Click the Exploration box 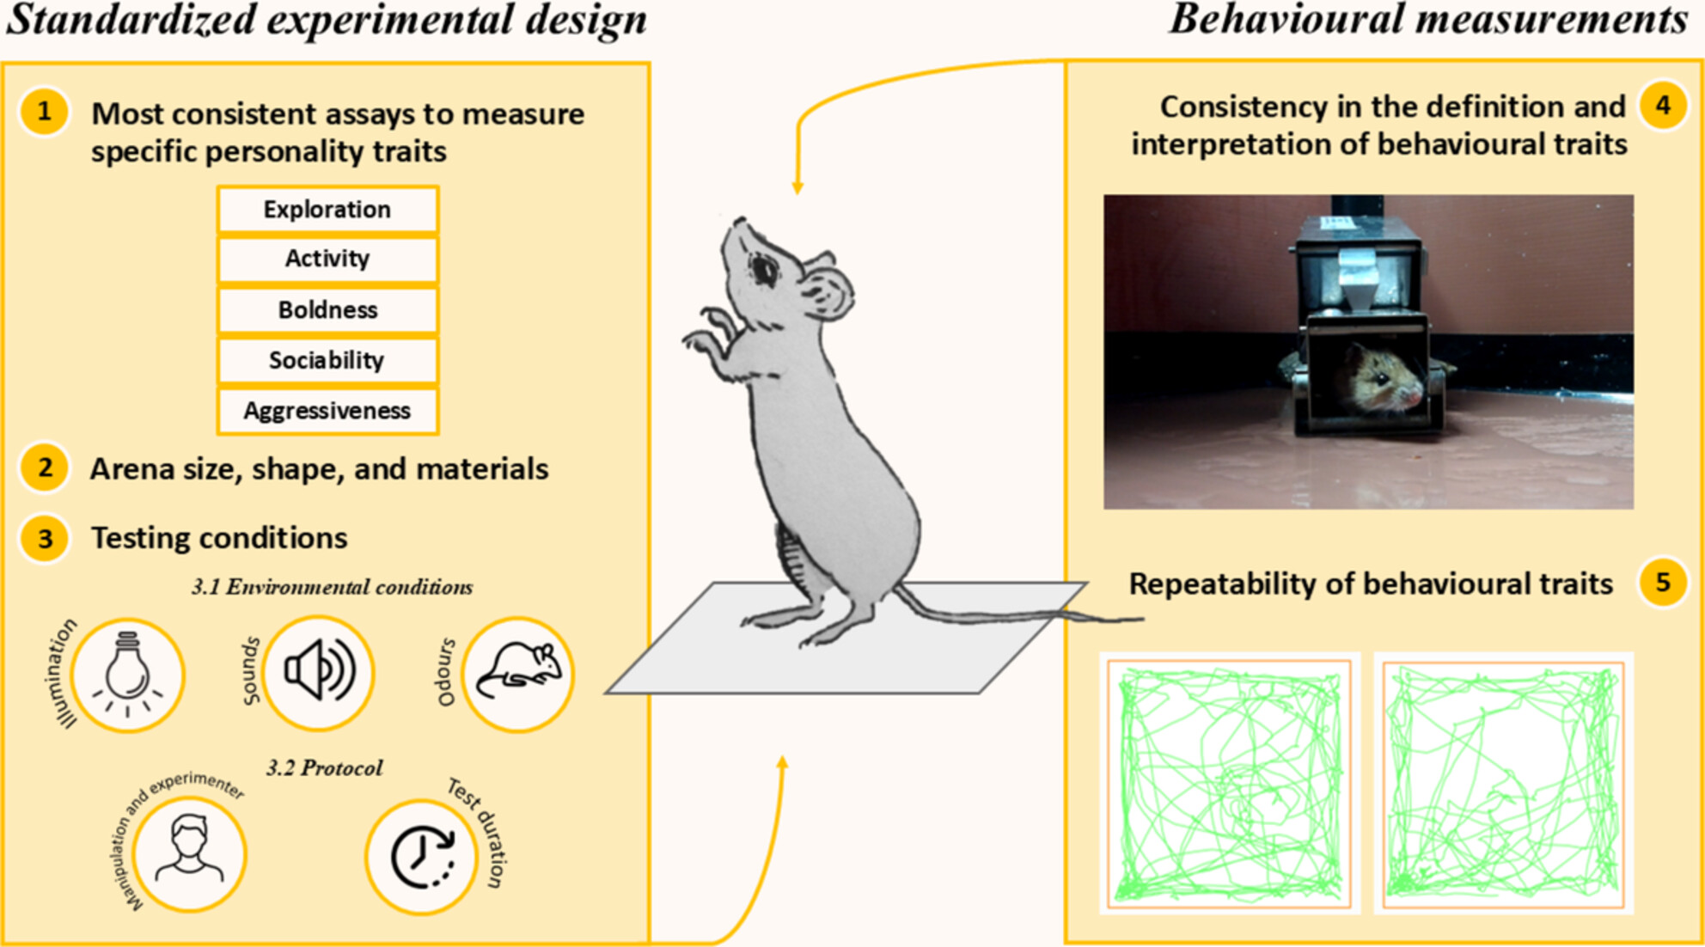coord(327,210)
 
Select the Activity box coord(327,259)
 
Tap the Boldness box coord(327,309)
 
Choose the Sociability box coord(327,360)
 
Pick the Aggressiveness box coord(327,411)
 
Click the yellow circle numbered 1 coord(44,112)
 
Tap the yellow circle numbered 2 coord(44,468)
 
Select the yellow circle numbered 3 coord(44,538)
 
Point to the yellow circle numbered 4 coord(1663,106)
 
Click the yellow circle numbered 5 coord(1663,583)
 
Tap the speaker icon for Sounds coord(319,670)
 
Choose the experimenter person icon coord(189,848)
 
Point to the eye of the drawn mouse coord(763,270)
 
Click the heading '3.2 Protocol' coord(324,767)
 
